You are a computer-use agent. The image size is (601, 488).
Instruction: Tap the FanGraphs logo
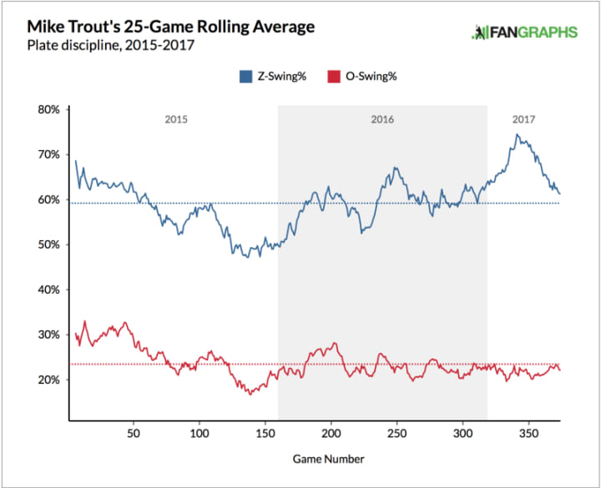click(524, 33)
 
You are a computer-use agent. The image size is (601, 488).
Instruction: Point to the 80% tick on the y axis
click(46, 109)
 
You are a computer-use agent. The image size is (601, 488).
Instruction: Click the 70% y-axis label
click(46, 154)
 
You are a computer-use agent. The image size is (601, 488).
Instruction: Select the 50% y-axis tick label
click(46, 244)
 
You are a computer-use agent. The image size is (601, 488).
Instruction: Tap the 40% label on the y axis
click(46, 289)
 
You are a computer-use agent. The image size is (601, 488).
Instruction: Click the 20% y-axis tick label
click(46, 380)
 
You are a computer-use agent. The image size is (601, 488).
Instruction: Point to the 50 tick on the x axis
click(134, 435)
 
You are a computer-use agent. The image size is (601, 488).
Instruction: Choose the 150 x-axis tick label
click(265, 435)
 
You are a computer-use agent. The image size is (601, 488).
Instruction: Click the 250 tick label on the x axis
click(397, 435)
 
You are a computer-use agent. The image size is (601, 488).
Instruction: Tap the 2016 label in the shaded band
click(381, 120)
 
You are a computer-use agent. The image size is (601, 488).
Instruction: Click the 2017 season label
click(523, 120)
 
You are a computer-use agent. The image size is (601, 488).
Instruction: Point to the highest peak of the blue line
click(518, 134)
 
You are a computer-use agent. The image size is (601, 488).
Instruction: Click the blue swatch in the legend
click(245, 77)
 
